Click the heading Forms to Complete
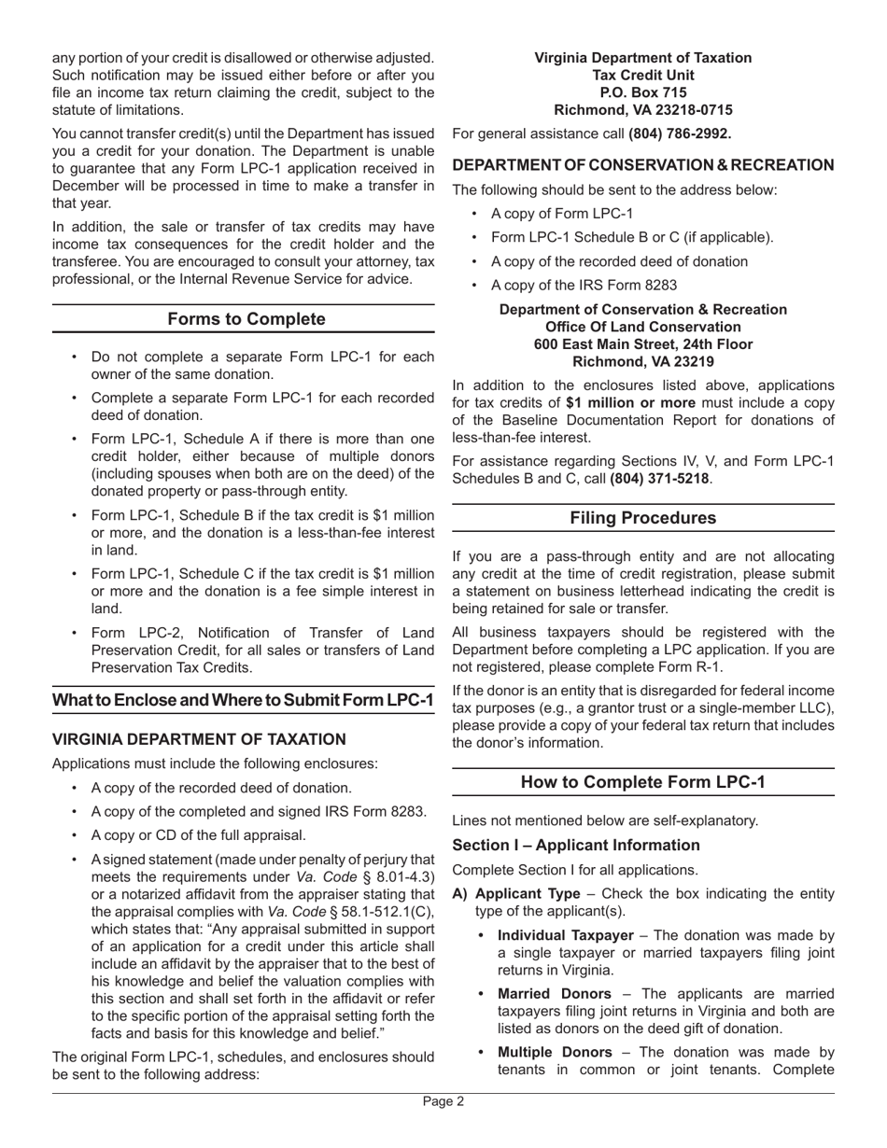[x=246, y=319]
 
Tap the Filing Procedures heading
[x=642, y=518]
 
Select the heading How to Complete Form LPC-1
[x=642, y=782]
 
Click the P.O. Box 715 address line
[x=642, y=92]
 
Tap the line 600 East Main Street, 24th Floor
[x=642, y=344]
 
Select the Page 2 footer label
[x=443, y=1101]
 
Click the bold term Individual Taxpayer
[x=565, y=935]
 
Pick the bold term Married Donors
[x=554, y=994]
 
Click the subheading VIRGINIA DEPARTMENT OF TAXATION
[x=199, y=739]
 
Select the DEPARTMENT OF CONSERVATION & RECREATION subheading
[x=642, y=165]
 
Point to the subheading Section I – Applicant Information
[x=575, y=845]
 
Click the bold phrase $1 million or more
[x=630, y=403]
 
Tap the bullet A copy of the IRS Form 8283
[x=584, y=286]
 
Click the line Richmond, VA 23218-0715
[x=642, y=110]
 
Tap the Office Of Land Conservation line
[x=642, y=327]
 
